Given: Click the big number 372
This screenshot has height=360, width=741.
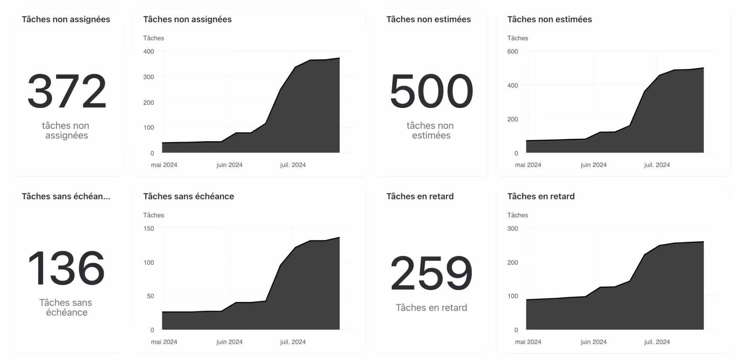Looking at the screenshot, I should [67, 91].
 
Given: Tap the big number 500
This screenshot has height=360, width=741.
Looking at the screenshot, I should [431, 91].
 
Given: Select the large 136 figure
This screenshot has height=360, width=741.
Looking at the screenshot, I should [67, 268].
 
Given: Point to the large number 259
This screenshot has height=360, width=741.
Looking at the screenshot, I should [431, 273].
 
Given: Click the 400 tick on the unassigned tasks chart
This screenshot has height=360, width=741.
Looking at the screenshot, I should [149, 51].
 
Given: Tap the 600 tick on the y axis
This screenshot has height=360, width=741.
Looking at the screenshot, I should [513, 51].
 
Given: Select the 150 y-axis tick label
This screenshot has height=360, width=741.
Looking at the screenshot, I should [149, 228].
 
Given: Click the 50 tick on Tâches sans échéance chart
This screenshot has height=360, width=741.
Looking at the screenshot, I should [150, 296].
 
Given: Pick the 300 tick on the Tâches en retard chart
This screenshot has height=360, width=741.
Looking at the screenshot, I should [513, 228].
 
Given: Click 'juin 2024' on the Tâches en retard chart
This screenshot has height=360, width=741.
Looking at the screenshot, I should [594, 342].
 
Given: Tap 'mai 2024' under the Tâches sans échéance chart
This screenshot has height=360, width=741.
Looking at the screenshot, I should [164, 342].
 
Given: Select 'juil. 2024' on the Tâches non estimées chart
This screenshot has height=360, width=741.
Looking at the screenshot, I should [657, 165].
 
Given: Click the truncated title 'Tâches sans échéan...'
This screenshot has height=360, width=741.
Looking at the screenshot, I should [66, 196].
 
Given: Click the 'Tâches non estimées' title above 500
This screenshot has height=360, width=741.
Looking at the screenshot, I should [428, 19].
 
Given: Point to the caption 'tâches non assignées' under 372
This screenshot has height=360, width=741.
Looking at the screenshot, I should [66, 130].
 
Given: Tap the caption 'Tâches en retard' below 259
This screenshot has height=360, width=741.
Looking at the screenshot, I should [431, 308].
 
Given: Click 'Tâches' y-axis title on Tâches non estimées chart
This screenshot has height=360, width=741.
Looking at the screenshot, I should [518, 38].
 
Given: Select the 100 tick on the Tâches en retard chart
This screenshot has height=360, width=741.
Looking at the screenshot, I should [513, 296].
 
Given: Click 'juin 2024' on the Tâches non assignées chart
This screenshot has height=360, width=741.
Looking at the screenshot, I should [229, 165].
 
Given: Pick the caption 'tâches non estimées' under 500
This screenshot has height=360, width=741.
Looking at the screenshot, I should [431, 130].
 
